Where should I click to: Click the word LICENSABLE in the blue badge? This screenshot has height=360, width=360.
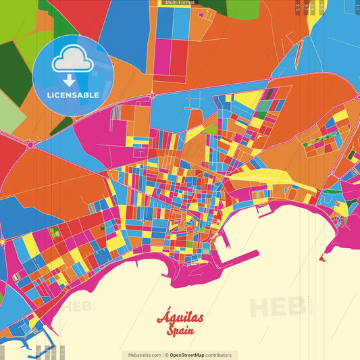(x=72, y=94)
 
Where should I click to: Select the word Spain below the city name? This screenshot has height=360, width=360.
(x=180, y=332)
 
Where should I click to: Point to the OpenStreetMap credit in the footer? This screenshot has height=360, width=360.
(x=192, y=355)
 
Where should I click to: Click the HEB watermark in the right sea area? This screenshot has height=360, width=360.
(x=277, y=307)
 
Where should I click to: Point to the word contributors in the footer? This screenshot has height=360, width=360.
(x=218, y=355)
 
